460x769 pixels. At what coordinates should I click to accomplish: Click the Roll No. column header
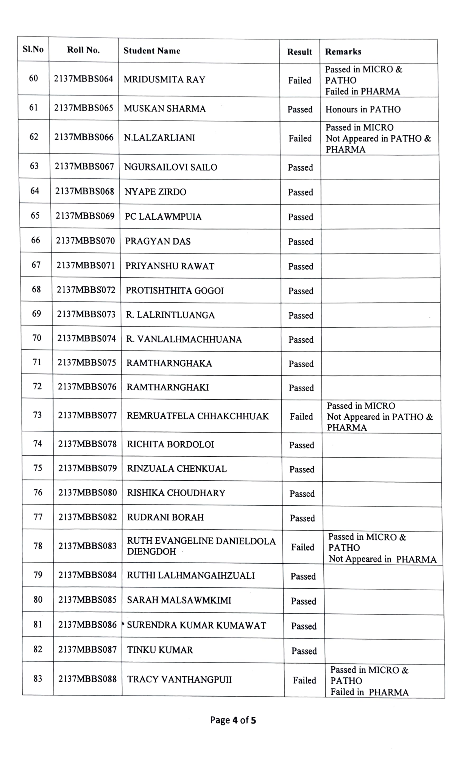pyautogui.click(x=83, y=50)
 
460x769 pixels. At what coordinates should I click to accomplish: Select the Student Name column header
pyautogui.click(x=152, y=51)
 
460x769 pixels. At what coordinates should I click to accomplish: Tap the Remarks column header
pyautogui.click(x=343, y=52)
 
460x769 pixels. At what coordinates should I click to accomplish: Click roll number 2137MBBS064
pyautogui.click(x=84, y=79)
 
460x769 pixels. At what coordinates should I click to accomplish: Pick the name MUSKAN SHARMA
pyautogui.click(x=165, y=109)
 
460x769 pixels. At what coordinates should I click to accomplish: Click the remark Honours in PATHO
pyautogui.click(x=363, y=109)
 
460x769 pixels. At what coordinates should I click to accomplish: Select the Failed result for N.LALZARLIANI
pyautogui.click(x=300, y=138)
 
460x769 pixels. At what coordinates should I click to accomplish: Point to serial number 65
pyautogui.click(x=35, y=216)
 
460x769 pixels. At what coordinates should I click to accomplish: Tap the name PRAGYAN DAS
pyautogui.click(x=158, y=241)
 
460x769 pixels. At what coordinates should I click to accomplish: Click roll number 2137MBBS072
pyautogui.click(x=86, y=290)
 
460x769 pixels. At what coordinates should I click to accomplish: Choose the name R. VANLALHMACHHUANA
pyautogui.click(x=184, y=339)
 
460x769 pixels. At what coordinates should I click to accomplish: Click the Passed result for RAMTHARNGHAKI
pyautogui.click(x=301, y=388)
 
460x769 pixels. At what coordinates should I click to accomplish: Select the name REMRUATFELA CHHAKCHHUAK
pyautogui.click(x=198, y=416)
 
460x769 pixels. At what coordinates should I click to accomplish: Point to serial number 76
pyautogui.click(x=38, y=492)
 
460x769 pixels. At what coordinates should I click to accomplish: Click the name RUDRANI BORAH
pyautogui.click(x=165, y=517)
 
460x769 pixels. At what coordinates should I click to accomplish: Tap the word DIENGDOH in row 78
pyautogui.click(x=151, y=552)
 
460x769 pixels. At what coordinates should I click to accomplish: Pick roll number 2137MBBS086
pyautogui.click(x=87, y=625)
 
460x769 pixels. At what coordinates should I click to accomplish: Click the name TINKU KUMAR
pyautogui.click(x=160, y=650)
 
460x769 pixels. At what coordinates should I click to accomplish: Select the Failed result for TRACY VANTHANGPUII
pyautogui.click(x=304, y=680)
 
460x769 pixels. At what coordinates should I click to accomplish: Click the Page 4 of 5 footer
pyautogui.click(x=233, y=720)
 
